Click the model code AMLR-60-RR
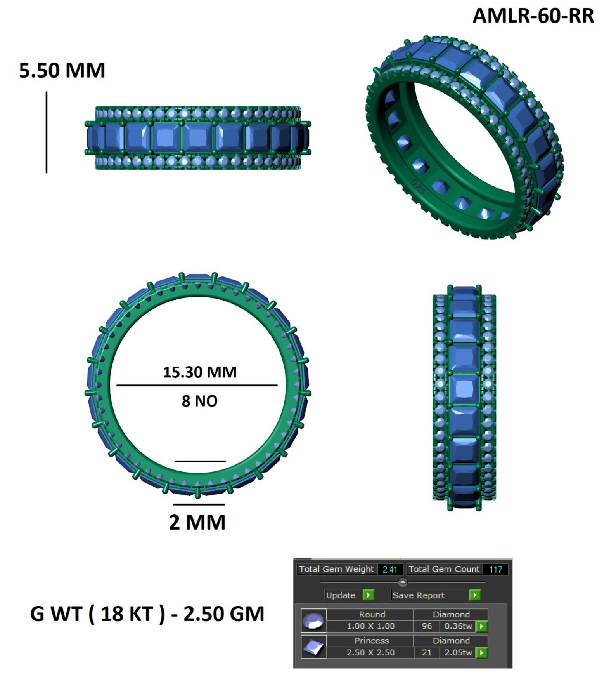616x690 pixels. coord(533,16)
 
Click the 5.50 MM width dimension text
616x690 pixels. coord(62,70)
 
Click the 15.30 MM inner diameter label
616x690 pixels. coord(199,372)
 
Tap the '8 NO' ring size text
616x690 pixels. coord(199,401)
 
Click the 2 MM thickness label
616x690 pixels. coord(197,522)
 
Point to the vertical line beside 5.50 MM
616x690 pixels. coord(47,132)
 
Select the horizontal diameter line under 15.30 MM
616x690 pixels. coord(197,385)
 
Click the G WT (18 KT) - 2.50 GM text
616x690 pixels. coord(147,614)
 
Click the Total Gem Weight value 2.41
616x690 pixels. coord(390,569)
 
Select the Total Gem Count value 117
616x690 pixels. coord(495,569)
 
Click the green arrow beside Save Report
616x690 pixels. coord(475,595)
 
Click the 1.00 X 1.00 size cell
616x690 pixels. coord(370,626)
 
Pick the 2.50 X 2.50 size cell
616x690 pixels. coord(370,652)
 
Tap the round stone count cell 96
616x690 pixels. coord(427,626)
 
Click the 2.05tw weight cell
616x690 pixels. coord(458,652)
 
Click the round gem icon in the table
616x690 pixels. coord(313,620)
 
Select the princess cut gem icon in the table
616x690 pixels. coord(313,647)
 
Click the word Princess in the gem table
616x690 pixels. coord(371,640)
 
